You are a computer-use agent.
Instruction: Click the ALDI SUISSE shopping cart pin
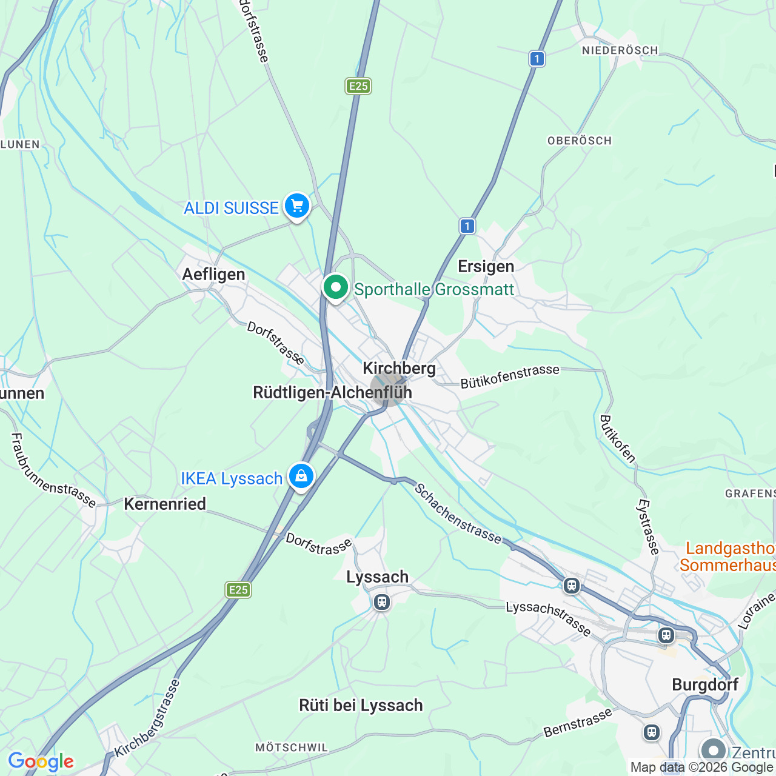click(x=296, y=206)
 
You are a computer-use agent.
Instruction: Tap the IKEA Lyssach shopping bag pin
click(x=301, y=477)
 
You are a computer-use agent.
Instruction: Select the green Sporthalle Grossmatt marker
click(x=335, y=287)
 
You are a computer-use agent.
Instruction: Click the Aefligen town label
click(x=214, y=274)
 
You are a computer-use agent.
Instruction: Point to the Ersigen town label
click(x=486, y=266)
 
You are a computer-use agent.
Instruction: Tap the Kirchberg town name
click(x=399, y=368)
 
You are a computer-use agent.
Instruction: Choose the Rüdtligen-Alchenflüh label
click(x=332, y=392)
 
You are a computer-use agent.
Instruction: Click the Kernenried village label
click(x=165, y=504)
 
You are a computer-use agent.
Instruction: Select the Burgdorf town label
click(x=705, y=684)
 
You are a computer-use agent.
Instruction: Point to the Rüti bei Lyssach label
click(x=361, y=705)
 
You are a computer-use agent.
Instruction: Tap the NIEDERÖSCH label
click(x=620, y=50)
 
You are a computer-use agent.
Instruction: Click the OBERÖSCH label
click(x=580, y=141)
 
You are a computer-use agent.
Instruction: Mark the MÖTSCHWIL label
click(x=292, y=748)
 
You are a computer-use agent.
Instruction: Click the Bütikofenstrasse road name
click(x=510, y=376)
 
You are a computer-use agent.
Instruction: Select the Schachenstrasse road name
click(x=458, y=513)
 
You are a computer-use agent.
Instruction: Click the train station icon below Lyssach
click(x=381, y=602)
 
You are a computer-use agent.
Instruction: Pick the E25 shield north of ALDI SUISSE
click(x=358, y=86)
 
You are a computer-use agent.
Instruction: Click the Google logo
click(x=41, y=761)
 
